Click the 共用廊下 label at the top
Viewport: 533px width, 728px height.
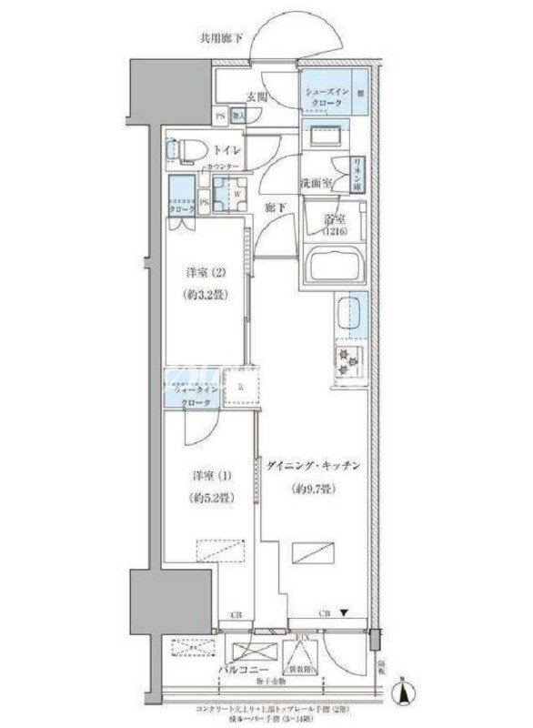point(222,38)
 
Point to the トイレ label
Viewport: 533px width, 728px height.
point(226,150)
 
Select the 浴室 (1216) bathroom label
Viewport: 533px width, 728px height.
point(333,224)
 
